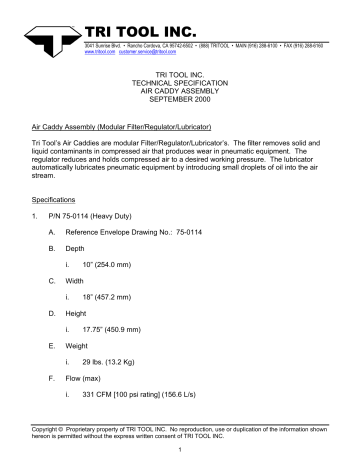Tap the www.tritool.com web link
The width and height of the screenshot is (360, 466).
click(102, 44)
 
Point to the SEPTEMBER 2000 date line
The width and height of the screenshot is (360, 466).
click(180, 103)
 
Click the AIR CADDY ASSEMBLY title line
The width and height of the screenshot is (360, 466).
click(180, 94)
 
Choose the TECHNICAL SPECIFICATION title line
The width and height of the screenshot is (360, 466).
click(180, 85)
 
